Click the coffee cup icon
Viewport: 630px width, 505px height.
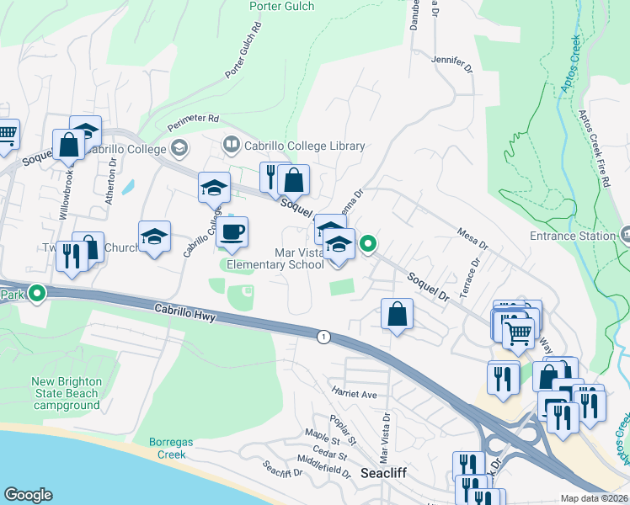point(232,231)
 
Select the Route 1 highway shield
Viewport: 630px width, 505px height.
point(323,337)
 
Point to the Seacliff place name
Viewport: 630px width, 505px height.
point(385,473)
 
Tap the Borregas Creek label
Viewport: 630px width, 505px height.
point(173,448)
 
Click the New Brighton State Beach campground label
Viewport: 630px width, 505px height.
point(67,393)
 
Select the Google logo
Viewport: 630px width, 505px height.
point(28,495)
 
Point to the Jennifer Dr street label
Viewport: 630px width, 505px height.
point(448,60)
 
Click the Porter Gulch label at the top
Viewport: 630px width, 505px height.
point(283,7)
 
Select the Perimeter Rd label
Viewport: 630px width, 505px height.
point(192,119)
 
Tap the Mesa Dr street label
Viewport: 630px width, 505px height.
point(472,238)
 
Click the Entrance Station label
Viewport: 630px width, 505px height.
point(573,236)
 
